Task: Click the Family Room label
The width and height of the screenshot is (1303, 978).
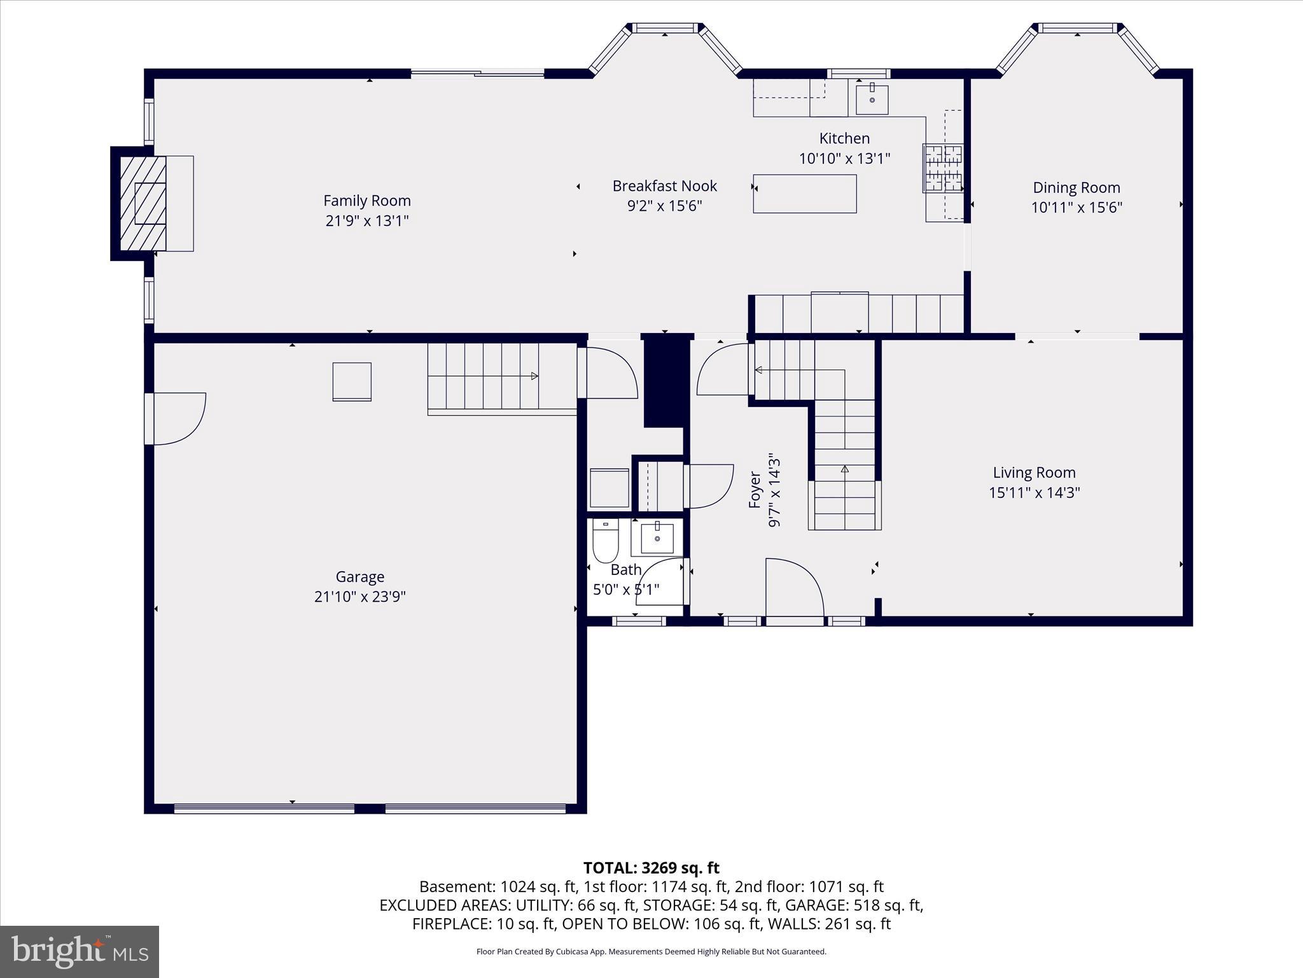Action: click(x=367, y=201)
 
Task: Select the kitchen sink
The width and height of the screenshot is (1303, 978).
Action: click(x=872, y=99)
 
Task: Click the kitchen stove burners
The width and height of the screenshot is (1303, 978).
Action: click(x=943, y=168)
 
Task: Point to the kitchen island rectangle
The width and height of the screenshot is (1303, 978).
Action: click(x=805, y=194)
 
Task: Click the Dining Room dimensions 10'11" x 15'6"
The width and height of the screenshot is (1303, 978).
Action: click(x=1077, y=208)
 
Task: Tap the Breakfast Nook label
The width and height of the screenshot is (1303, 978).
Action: click(x=664, y=186)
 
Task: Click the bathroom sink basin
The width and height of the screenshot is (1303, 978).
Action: click(x=657, y=538)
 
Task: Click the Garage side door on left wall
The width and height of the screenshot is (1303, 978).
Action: click(x=175, y=418)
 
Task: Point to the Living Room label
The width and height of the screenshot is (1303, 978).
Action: click(x=1034, y=472)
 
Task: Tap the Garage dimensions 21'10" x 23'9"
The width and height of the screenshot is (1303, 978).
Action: click(x=360, y=597)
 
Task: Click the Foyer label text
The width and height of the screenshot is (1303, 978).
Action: click(x=755, y=490)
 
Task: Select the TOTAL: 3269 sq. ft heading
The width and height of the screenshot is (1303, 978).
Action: click(x=651, y=868)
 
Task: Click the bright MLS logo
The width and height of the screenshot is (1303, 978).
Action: click(x=80, y=951)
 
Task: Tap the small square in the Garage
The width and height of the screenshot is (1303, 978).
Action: click(x=352, y=381)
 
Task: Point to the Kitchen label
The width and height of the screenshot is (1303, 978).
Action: click(x=844, y=138)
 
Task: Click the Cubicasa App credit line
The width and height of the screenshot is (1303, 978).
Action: click(x=651, y=952)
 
